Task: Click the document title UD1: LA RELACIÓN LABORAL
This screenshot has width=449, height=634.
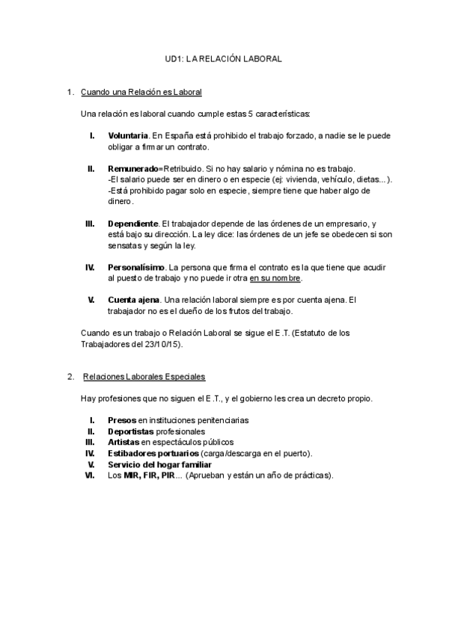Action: (x=223, y=58)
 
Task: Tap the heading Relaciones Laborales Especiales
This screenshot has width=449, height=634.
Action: (x=144, y=376)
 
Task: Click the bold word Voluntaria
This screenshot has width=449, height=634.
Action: (x=128, y=136)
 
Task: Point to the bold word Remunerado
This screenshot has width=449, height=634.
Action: (x=133, y=169)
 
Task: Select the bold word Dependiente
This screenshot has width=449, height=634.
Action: (x=132, y=224)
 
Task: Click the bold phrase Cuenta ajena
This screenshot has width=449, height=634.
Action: (x=133, y=300)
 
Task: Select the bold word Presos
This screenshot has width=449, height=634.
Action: (x=122, y=421)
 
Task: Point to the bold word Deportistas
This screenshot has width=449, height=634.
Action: (x=131, y=431)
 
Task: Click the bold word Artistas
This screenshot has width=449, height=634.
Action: (x=123, y=443)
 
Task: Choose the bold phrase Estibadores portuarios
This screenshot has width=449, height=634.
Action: (x=153, y=453)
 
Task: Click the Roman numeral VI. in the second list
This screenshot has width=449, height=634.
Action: (x=91, y=475)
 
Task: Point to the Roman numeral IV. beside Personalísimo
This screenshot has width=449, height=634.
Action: (x=90, y=267)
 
